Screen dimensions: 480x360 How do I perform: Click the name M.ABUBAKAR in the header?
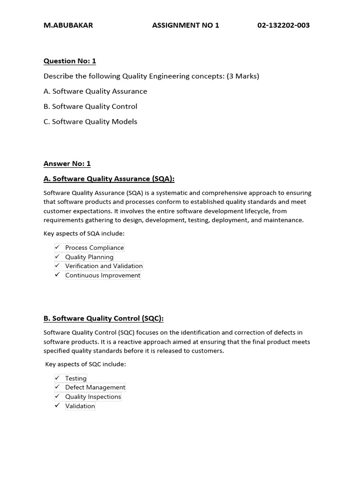(x=68, y=25)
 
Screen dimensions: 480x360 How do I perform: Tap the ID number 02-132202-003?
(x=283, y=25)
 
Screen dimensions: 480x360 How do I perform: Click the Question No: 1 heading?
(x=69, y=61)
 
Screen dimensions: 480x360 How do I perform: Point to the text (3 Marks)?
(x=243, y=76)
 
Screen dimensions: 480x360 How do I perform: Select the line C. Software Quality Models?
(x=90, y=121)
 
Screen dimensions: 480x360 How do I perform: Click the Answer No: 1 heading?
(x=67, y=164)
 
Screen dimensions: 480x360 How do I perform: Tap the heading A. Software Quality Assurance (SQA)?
(x=109, y=179)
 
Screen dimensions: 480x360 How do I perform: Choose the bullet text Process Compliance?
(x=95, y=247)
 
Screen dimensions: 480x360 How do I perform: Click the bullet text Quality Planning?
(x=89, y=257)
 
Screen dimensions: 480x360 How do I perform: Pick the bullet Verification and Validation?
(x=104, y=266)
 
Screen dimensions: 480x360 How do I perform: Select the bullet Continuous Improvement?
(x=103, y=275)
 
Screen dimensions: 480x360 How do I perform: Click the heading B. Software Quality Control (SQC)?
(x=104, y=318)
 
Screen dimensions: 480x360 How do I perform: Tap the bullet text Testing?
(x=76, y=378)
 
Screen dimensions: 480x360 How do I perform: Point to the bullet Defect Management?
(x=95, y=387)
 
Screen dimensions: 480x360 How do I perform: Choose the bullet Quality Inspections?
(x=93, y=397)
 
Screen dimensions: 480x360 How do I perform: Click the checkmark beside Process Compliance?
(x=57, y=247)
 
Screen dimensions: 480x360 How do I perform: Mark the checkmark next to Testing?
(x=57, y=377)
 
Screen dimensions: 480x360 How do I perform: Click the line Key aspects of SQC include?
(x=85, y=364)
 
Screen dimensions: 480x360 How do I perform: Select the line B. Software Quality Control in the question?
(x=90, y=106)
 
